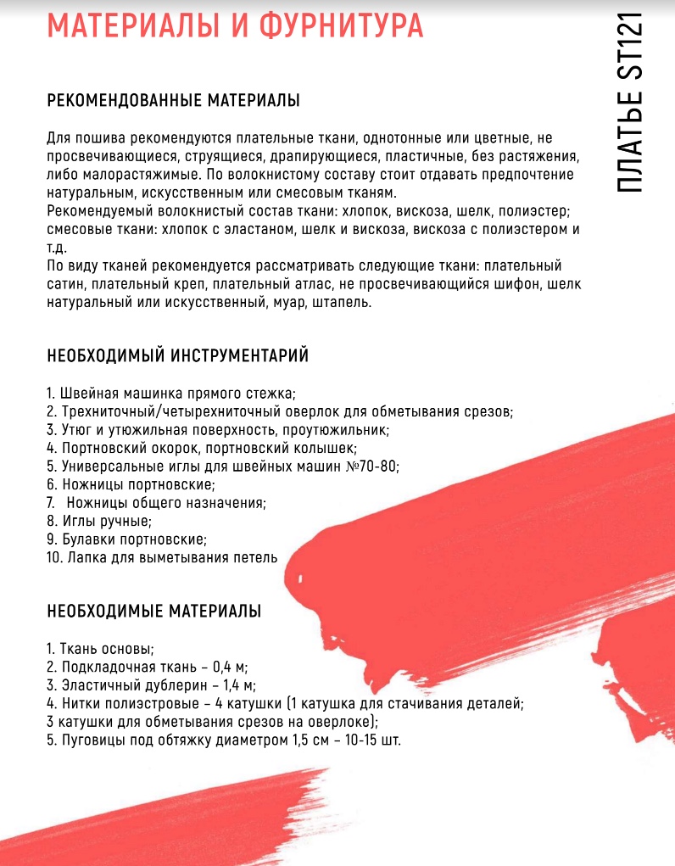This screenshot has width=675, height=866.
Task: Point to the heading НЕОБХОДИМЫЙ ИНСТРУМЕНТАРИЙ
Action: point(177,355)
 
